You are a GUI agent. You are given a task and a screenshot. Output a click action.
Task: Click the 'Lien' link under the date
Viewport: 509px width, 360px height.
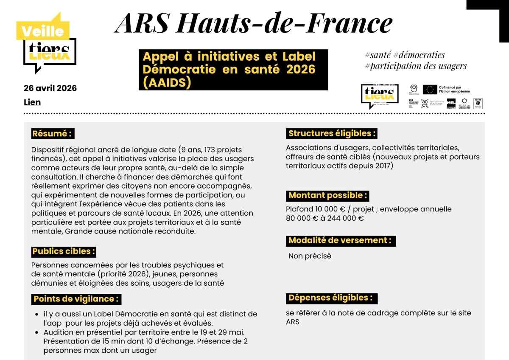click(x=32, y=102)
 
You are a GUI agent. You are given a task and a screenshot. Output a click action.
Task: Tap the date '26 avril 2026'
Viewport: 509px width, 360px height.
click(x=50, y=88)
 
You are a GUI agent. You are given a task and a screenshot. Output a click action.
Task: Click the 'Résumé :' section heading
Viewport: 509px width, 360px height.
click(x=52, y=134)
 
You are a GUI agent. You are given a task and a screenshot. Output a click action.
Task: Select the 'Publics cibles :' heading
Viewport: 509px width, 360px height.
click(x=64, y=251)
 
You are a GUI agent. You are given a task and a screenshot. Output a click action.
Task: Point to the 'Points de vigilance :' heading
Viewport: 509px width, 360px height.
click(x=76, y=299)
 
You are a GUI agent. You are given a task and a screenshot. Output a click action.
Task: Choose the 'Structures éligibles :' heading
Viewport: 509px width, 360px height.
click(x=332, y=134)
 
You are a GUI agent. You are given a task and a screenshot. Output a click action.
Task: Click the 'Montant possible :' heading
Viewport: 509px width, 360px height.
click(x=327, y=196)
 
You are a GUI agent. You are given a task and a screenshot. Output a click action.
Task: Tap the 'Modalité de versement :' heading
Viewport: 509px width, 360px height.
click(x=340, y=241)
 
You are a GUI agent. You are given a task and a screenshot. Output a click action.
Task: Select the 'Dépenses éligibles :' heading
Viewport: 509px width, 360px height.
click(x=331, y=298)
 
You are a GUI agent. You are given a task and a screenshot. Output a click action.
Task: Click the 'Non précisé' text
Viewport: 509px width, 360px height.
click(x=310, y=256)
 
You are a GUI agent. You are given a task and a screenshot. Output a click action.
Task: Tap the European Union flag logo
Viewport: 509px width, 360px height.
click(x=429, y=89)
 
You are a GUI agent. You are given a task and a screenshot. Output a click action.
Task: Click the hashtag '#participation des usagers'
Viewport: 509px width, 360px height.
click(x=416, y=66)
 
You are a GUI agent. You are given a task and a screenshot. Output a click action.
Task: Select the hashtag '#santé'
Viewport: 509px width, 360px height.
click(x=378, y=55)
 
